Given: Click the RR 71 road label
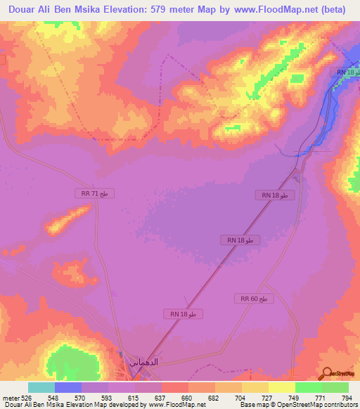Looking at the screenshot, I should [x=94, y=193].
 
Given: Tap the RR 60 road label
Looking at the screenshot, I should [x=253, y=299].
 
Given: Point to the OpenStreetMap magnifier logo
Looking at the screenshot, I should [x=326, y=373].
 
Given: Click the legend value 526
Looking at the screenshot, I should [x=25, y=398].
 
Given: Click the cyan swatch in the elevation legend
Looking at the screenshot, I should [x=41, y=387].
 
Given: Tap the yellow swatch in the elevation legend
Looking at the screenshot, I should [x=282, y=387].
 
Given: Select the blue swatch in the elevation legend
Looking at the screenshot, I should [x=68, y=387].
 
